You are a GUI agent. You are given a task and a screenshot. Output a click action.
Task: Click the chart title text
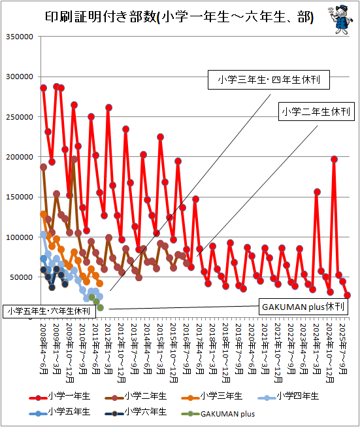pyautogui.click(x=179, y=17)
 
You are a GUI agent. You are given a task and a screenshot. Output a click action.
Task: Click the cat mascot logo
pyautogui.click(x=340, y=19)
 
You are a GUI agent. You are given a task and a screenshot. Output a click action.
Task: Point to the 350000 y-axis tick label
pyautogui.click(x=20, y=37)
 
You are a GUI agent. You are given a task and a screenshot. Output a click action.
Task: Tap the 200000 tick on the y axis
pyautogui.click(x=20, y=157)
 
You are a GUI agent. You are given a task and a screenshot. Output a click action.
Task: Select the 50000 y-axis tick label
pyautogui.click(x=22, y=277)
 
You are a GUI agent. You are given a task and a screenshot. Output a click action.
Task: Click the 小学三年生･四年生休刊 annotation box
pyautogui.click(x=269, y=80)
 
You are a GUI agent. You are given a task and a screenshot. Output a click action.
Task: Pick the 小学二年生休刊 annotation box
pyautogui.click(x=316, y=111)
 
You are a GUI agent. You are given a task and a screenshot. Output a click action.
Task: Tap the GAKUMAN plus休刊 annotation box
pyautogui.click(x=303, y=307)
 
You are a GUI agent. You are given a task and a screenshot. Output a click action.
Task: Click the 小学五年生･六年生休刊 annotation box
pyautogui.click(x=49, y=311)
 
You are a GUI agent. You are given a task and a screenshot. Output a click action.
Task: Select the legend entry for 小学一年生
pyautogui.click(x=59, y=396)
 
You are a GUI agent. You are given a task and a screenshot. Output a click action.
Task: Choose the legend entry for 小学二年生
pyautogui.click(x=135, y=396)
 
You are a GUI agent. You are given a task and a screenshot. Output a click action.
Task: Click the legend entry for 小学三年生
pyautogui.click(x=212, y=396)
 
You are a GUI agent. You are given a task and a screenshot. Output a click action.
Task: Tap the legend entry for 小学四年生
pyautogui.click(x=288, y=396)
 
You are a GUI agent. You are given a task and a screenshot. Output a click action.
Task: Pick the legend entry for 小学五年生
pyautogui.click(x=59, y=412)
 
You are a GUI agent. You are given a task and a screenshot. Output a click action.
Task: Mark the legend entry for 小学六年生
pyautogui.click(x=135, y=412)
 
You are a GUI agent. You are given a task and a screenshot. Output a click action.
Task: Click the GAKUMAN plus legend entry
pyautogui.click(x=218, y=414)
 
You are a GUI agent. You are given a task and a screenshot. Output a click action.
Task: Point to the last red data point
pyautogui.click(x=347, y=295)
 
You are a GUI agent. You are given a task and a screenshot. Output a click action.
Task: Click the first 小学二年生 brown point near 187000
pyautogui.click(x=44, y=167)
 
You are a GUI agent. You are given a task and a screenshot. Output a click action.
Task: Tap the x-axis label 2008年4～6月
pyautogui.click(x=44, y=349)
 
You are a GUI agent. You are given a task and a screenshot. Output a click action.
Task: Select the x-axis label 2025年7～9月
pyautogui.click(x=343, y=349)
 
